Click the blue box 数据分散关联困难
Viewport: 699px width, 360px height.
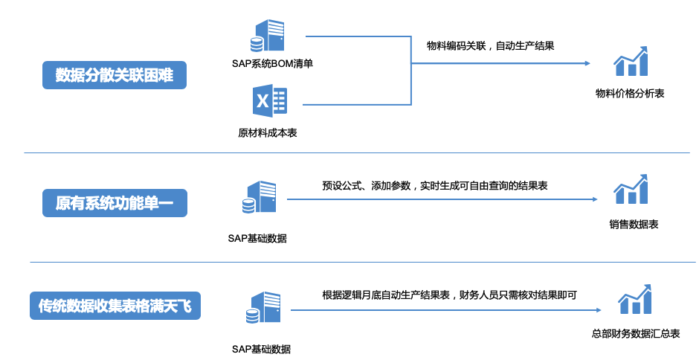pyautogui.click(x=114, y=75)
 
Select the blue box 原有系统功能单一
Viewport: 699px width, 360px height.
pyautogui.click(x=114, y=202)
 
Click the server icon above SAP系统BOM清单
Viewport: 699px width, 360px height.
pyautogui.click(x=268, y=35)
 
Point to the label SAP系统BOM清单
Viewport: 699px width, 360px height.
pyautogui.click(x=272, y=63)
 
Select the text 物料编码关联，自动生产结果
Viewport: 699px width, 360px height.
pyautogui.click(x=490, y=45)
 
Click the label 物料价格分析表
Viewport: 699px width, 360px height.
pyautogui.click(x=630, y=94)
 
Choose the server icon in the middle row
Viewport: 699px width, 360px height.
pyautogui.click(x=259, y=198)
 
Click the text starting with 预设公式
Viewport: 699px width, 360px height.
pyautogui.click(x=435, y=185)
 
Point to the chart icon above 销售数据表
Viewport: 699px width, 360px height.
pyautogui.click(x=631, y=190)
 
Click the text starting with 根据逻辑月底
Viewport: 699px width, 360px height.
pyautogui.click(x=450, y=295)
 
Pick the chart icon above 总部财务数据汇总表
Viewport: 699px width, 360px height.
pyautogui.click(x=635, y=299)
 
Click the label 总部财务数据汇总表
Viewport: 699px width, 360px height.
pyautogui.click(x=636, y=334)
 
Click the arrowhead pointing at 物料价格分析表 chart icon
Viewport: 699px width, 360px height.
pyautogui.click(x=587, y=63)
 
